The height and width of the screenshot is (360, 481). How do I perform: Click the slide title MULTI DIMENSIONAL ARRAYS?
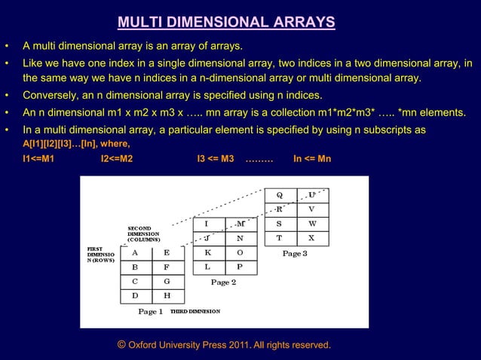coord(226,21)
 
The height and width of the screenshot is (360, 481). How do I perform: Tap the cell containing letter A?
coord(135,253)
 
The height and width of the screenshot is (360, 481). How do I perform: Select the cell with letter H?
coord(167,295)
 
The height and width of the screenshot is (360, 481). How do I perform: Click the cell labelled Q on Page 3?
coord(280,194)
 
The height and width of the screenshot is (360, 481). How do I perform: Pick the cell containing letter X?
coord(312,238)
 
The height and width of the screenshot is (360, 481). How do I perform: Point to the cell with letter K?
coord(208,252)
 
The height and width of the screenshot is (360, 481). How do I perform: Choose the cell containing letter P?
coord(240,267)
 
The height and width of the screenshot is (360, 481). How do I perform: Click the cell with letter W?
coord(312,224)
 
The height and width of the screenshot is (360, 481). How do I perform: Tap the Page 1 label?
coord(151,311)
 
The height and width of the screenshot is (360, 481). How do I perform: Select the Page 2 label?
coord(223,282)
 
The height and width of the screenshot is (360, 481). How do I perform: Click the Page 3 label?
coord(295,254)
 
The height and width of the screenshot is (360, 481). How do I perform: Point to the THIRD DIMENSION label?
coord(195,311)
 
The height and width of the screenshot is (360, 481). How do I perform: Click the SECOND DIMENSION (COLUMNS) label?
coord(143,233)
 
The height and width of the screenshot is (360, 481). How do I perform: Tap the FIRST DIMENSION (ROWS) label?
coord(100,255)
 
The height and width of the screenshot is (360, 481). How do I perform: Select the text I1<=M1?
coord(38,158)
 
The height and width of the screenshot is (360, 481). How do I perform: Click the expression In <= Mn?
coord(312,158)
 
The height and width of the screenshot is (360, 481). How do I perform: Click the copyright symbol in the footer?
coord(122,344)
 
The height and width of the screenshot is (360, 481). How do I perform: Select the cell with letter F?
coord(167,267)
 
